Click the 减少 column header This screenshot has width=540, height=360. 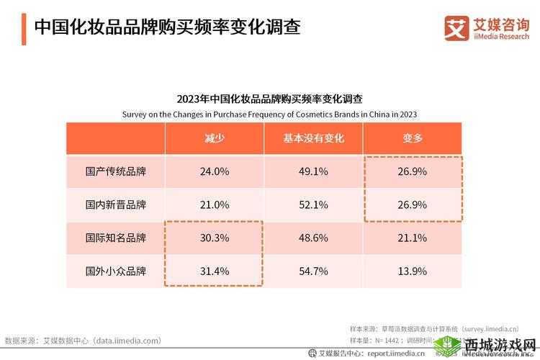coord(215,138)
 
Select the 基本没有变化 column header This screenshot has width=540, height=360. coord(314,138)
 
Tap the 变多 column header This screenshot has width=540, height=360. coord(413,138)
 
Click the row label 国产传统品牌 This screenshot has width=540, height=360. coord(115,171)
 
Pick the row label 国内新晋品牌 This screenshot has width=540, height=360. coord(115,204)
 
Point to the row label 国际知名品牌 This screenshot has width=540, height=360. coord(115,238)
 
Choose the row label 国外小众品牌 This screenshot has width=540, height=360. coord(115,271)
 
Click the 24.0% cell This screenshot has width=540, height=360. coord(215,171)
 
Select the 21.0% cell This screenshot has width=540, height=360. coord(215,204)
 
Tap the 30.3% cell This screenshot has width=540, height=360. coord(215,238)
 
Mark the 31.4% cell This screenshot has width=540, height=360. coord(215,271)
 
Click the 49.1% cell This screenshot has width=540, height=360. coord(314,171)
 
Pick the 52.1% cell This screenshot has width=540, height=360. coord(314,204)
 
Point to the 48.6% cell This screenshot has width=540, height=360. coord(314,238)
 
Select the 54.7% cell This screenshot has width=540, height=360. coord(314,271)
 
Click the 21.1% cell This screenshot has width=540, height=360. coord(413,238)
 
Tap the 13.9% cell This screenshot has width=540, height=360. coord(413,271)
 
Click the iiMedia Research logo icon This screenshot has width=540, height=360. coord(455,28)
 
